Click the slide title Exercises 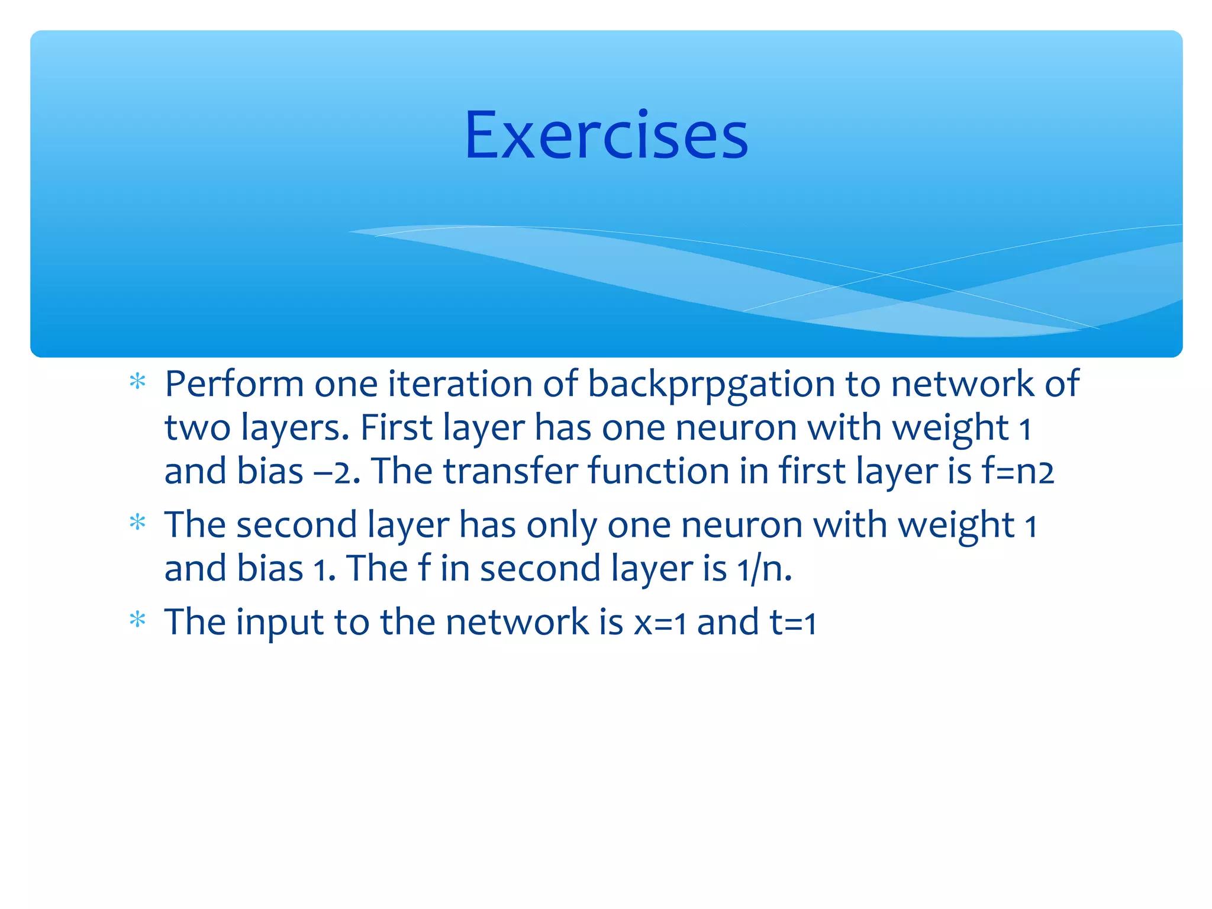pyautogui.click(x=606, y=136)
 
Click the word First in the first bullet pyautogui.click(x=396, y=428)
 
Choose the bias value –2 pyautogui.click(x=337, y=472)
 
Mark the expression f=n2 pyautogui.click(x=1017, y=472)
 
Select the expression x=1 pyautogui.click(x=660, y=623)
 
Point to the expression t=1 pyautogui.click(x=793, y=623)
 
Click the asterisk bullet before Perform pyautogui.click(x=137, y=382)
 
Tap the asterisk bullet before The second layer pyautogui.click(x=137, y=523)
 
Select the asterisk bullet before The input pyautogui.click(x=137, y=620)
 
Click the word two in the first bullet pyautogui.click(x=197, y=428)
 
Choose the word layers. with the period pyautogui.click(x=295, y=428)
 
